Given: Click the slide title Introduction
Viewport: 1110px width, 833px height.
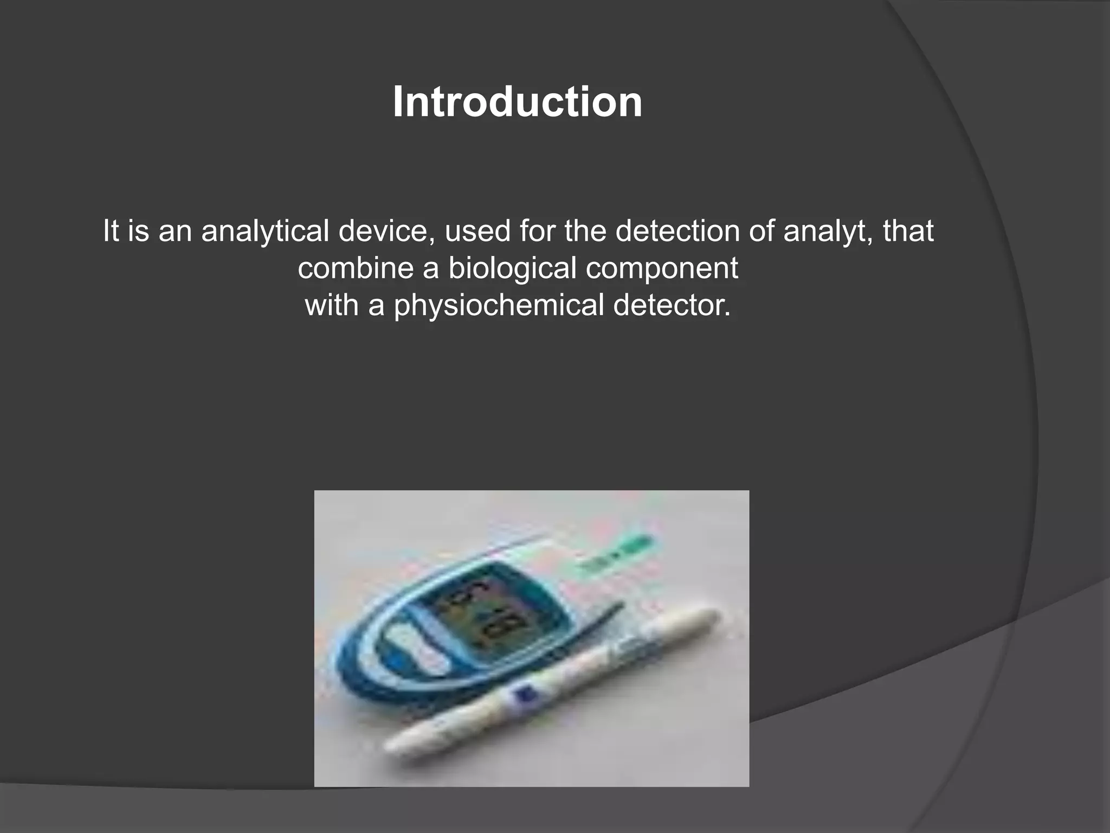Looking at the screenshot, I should pyautogui.click(x=517, y=102).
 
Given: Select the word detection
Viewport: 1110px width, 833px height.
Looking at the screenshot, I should pyautogui.click(x=677, y=231).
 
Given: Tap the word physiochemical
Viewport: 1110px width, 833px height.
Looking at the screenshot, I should pyautogui.click(x=499, y=305).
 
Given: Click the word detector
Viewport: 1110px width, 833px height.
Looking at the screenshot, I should pyautogui.click(x=672, y=305).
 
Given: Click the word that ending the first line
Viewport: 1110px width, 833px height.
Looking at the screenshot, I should pyautogui.click(x=908, y=231).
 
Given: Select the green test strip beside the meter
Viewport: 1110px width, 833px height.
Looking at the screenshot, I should pyautogui.click(x=618, y=556).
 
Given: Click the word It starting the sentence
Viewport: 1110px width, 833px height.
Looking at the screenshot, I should pyautogui.click(x=110, y=231).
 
